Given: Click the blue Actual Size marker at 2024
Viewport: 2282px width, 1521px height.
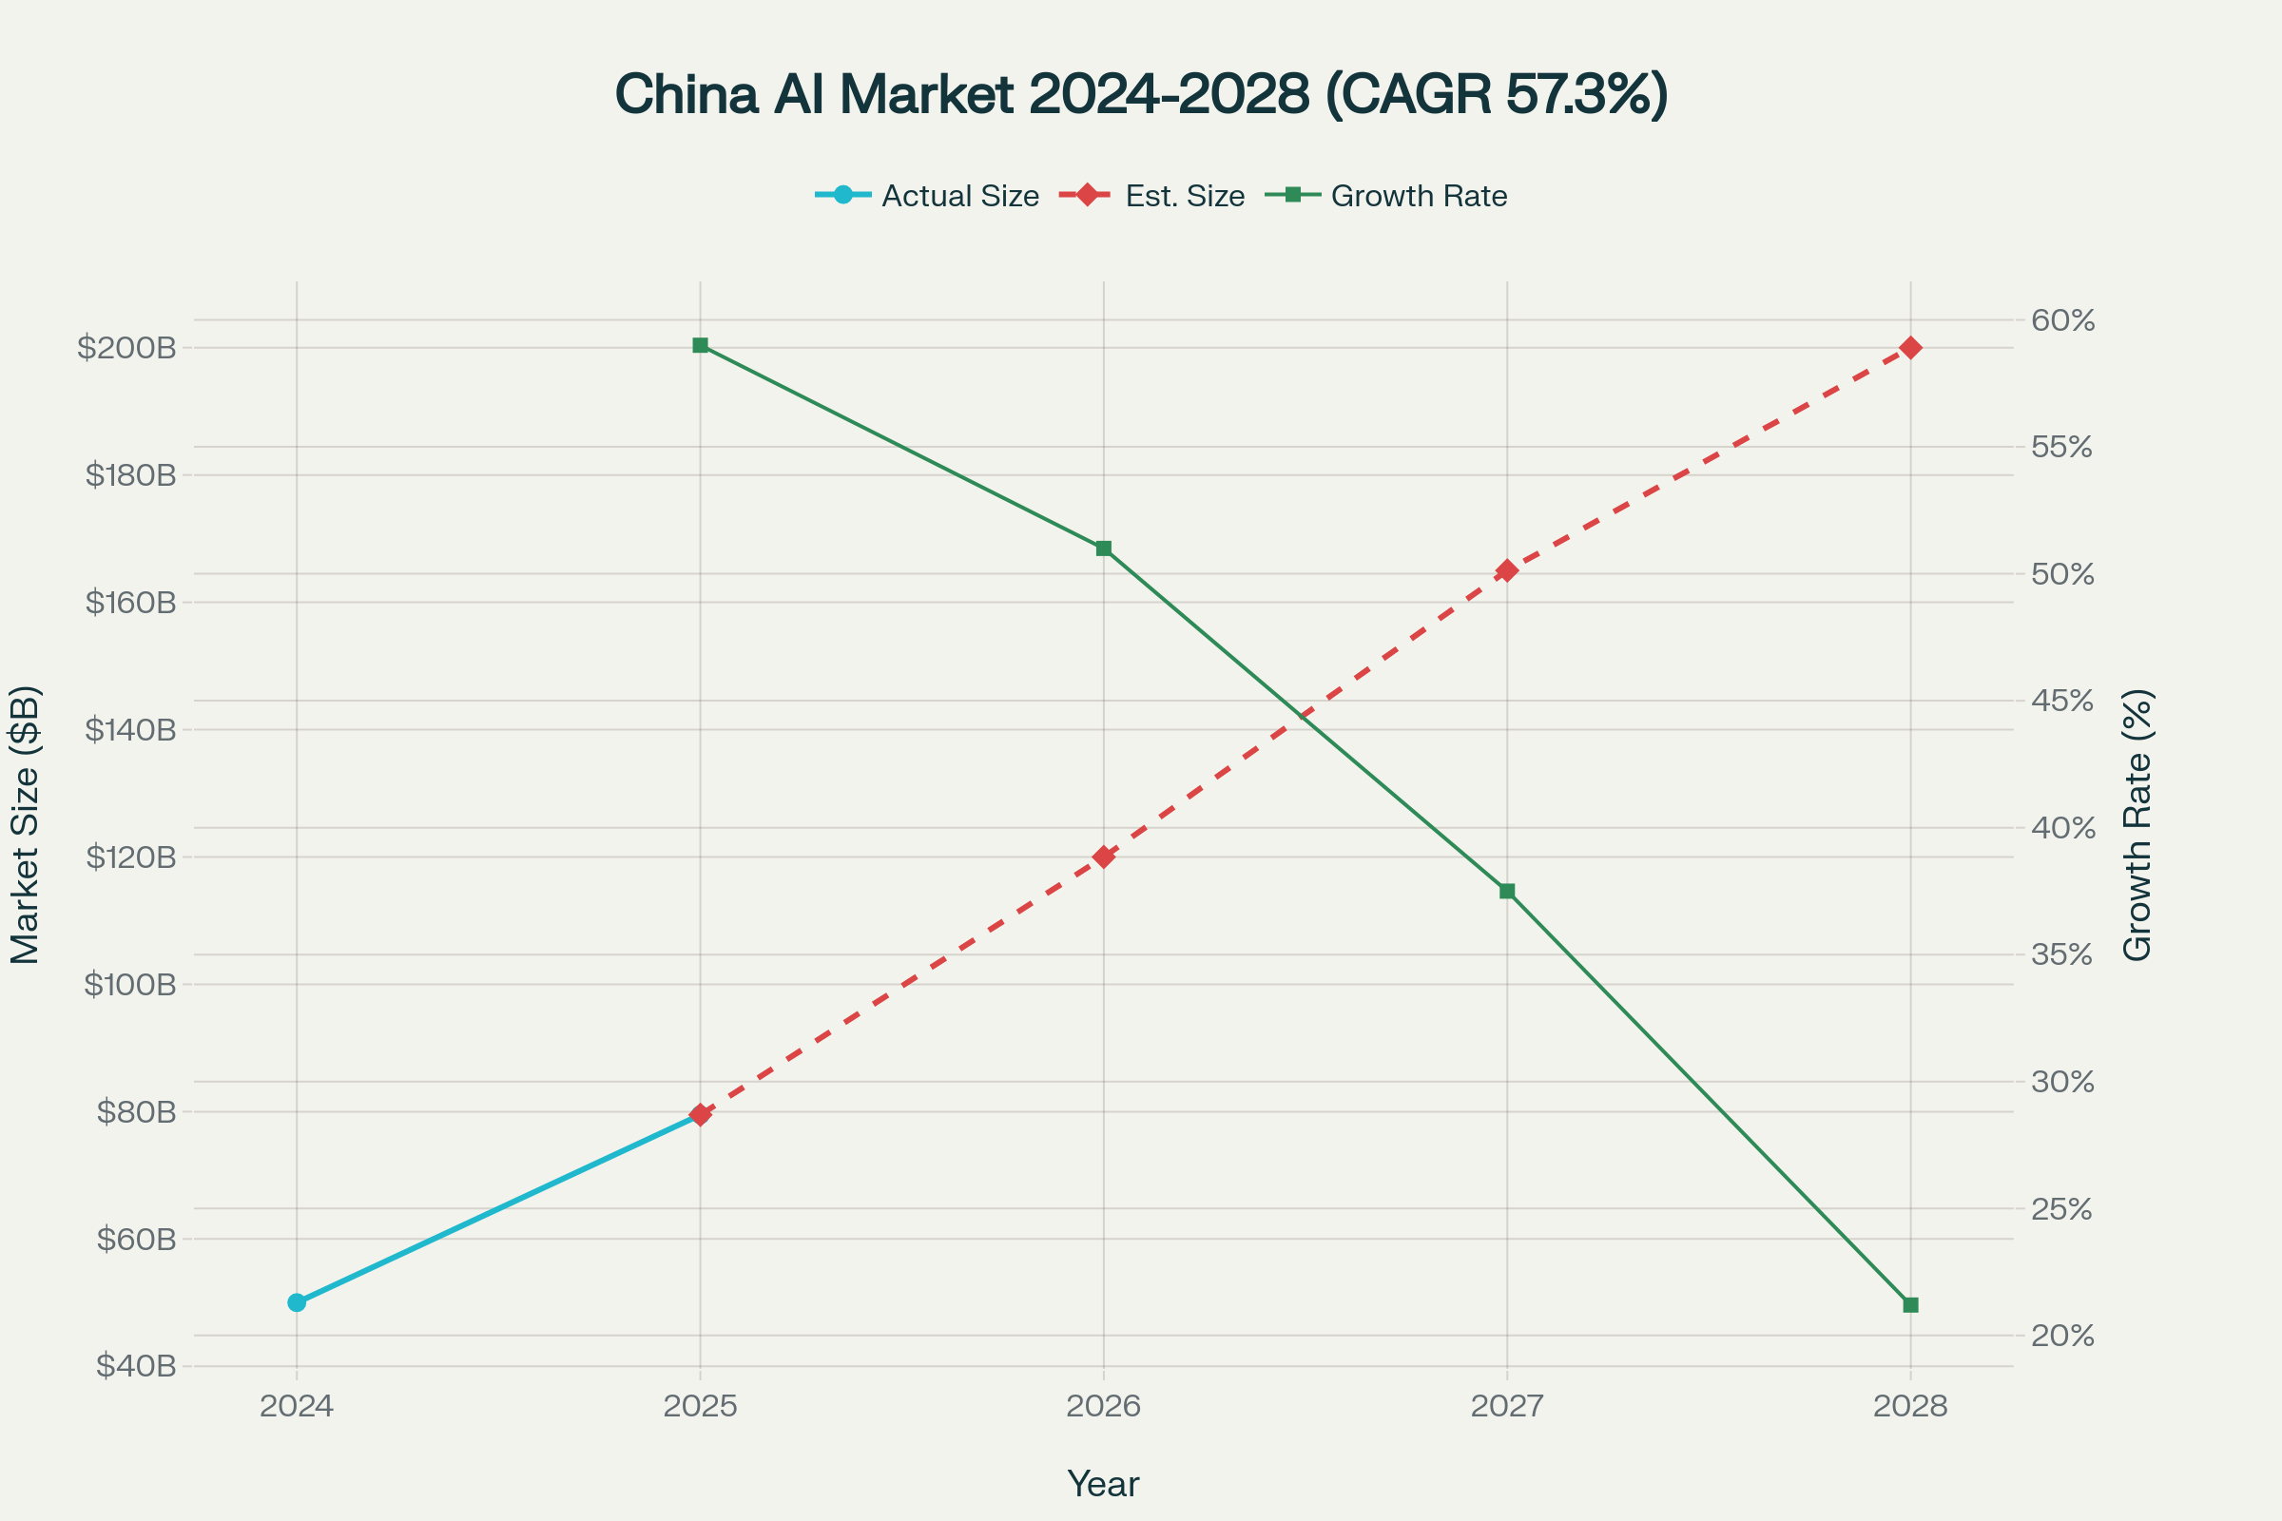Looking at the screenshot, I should [x=297, y=1301].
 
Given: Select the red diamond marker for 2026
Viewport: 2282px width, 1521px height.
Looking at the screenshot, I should [x=1103, y=857].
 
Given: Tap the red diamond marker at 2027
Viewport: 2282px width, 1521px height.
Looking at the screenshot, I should [x=1507, y=570].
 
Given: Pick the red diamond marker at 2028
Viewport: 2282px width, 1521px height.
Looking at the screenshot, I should [x=1910, y=347].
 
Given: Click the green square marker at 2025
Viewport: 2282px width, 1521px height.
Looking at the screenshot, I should [x=701, y=345].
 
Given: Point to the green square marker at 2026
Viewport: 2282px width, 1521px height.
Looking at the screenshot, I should [x=1103, y=549].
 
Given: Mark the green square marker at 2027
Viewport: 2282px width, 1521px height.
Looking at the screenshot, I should [x=1507, y=891].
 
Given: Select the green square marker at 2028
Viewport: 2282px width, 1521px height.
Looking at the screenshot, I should [x=1910, y=1304].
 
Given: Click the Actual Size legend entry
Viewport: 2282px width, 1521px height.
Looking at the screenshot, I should [x=959, y=196].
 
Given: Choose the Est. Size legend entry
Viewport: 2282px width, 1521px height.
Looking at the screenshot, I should [x=1184, y=196].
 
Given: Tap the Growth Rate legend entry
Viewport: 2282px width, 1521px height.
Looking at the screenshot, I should [x=1419, y=196].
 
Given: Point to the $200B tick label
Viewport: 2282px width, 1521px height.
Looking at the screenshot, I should [x=127, y=347].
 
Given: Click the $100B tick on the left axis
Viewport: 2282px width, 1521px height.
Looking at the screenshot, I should [x=130, y=985].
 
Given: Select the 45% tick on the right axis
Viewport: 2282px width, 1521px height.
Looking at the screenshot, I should [x=2061, y=701].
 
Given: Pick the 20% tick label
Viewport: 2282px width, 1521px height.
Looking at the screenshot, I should [x=2061, y=1336].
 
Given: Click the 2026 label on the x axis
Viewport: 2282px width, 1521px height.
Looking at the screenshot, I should [x=1103, y=1407].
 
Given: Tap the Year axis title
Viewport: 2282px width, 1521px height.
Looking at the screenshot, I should [x=1103, y=1484].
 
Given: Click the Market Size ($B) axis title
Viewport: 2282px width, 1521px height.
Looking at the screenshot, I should [x=26, y=824].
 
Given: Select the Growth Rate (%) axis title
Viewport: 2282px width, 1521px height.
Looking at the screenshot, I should [x=2137, y=824].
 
